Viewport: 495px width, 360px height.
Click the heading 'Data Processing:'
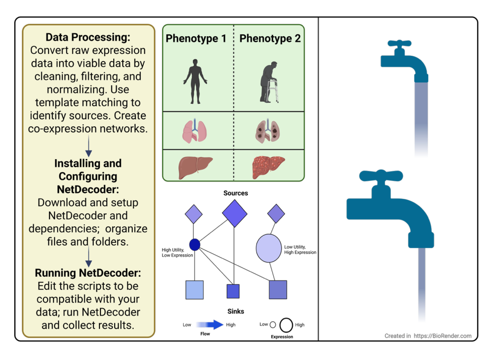pyautogui.click(x=88, y=37)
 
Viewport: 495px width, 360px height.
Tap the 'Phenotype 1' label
pyautogui.click(x=196, y=39)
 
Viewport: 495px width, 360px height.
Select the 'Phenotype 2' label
pyautogui.click(x=270, y=39)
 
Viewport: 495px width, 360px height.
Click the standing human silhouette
pyautogui.click(x=196, y=81)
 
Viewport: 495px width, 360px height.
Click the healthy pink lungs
pyautogui.click(x=195, y=131)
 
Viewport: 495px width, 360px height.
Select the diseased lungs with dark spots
pyautogui.click(x=267, y=131)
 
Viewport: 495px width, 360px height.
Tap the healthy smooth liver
pyautogui.click(x=196, y=167)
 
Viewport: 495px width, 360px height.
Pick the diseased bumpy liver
pyautogui.click(x=268, y=167)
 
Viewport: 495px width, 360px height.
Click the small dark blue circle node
pyautogui.click(x=195, y=245)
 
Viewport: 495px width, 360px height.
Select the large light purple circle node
pyautogui.click(x=268, y=248)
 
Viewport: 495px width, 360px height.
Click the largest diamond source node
pyautogui.click(x=235, y=213)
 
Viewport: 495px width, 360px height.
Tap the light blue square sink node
pyautogui.click(x=195, y=290)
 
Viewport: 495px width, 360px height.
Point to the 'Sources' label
pyautogui.click(x=236, y=193)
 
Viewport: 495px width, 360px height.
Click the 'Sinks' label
pyautogui.click(x=236, y=311)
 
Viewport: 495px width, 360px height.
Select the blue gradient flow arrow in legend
pyautogui.click(x=209, y=325)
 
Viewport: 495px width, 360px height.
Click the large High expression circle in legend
pyautogui.click(x=287, y=325)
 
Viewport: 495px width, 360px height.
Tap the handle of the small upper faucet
pyautogui.click(x=399, y=43)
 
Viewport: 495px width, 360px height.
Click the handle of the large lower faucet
pyautogui.click(x=381, y=176)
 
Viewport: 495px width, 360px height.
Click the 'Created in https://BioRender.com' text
pyautogui.click(x=428, y=336)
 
